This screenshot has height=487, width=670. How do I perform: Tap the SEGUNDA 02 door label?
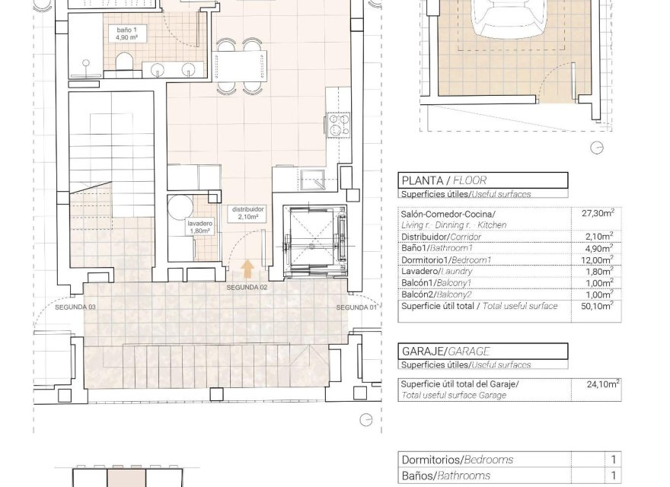[x=247, y=288]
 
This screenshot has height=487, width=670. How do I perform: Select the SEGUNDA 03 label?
[x=70, y=307]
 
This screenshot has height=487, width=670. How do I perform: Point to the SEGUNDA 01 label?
[x=357, y=307]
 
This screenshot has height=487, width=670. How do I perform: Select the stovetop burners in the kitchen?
[x=338, y=123]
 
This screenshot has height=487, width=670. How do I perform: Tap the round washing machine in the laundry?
[x=180, y=208]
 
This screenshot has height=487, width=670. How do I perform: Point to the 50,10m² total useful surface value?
[x=598, y=306]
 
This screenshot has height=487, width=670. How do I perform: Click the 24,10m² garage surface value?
[x=598, y=385]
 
